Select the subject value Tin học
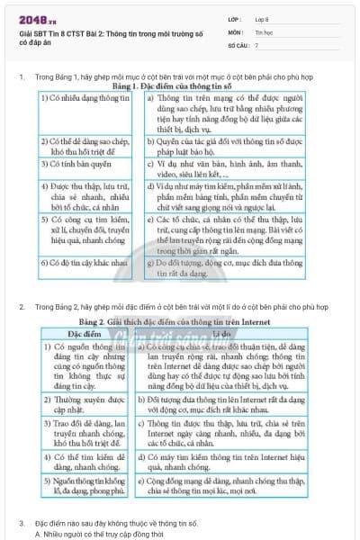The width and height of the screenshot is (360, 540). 264,31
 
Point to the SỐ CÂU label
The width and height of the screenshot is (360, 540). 238,43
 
